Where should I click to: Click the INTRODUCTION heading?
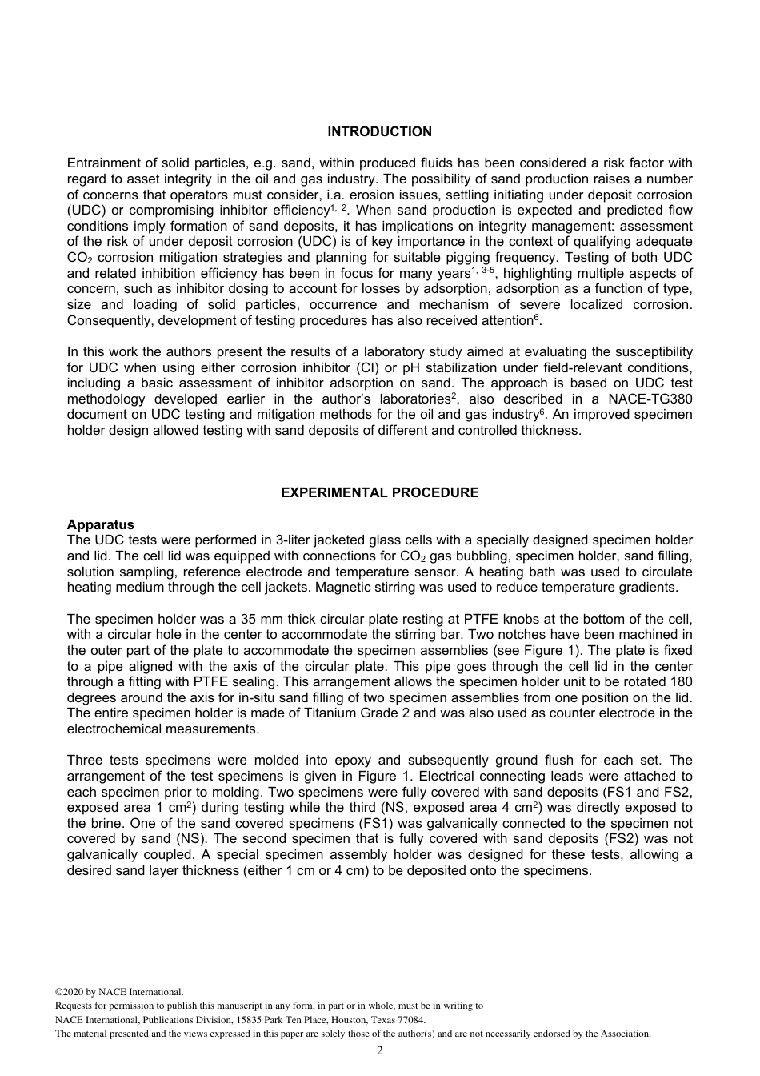[379, 131]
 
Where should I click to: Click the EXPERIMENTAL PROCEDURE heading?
[379, 493]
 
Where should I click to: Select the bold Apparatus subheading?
[100, 525]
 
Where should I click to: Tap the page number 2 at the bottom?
[379, 1050]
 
